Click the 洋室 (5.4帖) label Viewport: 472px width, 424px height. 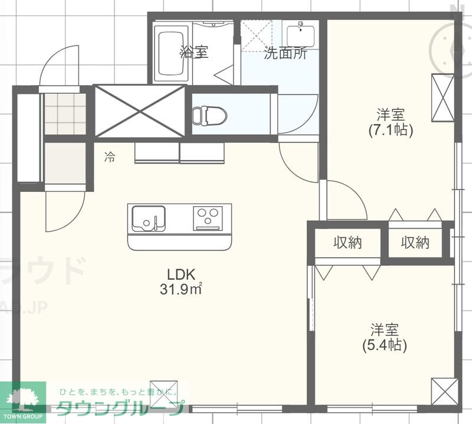pyautogui.click(x=384, y=337)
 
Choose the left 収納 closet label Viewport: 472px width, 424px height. pyautogui.click(x=348, y=242)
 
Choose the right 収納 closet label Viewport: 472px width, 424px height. pyautogui.click(x=415, y=242)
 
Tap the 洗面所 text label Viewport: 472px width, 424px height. pyautogui.click(x=285, y=54)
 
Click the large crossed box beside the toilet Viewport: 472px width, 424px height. pyautogui.click(x=140, y=111)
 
